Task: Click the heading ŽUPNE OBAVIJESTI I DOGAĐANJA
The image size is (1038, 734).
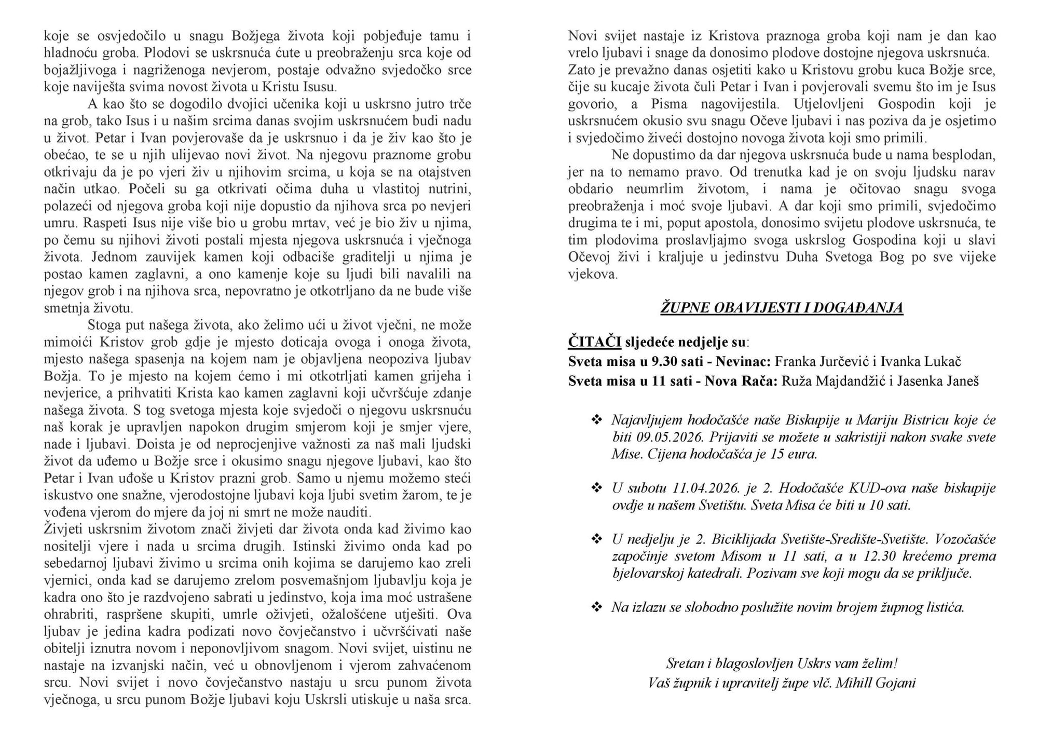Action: coord(782,308)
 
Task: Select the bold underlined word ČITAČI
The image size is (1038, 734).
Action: coord(594,342)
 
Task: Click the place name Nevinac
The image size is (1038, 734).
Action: coord(743,362)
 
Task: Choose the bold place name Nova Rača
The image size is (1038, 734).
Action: coord(750,382)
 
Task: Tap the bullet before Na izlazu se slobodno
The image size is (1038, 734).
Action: coord(597,607)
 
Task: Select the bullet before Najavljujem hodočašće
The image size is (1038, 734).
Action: coord(597,419)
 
